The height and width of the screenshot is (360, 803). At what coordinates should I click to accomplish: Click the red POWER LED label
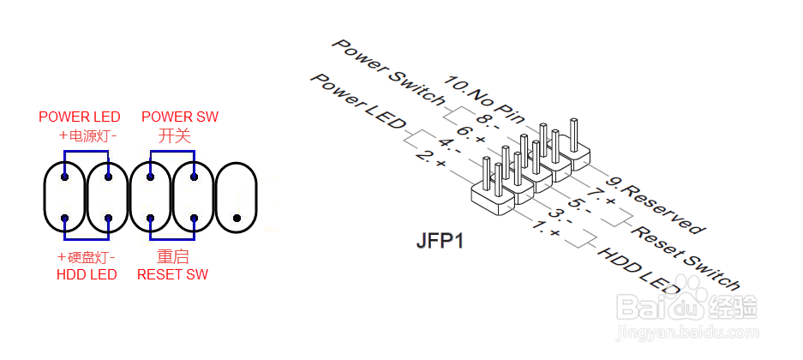(x=80, y=117)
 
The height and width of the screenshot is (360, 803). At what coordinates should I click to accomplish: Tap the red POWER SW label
(x=180, y=117)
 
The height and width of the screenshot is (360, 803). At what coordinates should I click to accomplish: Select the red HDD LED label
(x=87, y=275)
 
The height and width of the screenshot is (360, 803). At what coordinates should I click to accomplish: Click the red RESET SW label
(x=173, y=275)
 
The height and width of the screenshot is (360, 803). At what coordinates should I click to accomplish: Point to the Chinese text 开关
(x=174, y=135)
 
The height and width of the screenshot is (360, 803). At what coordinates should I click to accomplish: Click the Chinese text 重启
(x=173, y=257)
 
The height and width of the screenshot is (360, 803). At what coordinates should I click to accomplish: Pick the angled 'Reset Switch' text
(x=685, y=257)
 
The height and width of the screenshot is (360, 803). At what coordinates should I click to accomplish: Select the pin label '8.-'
(x=487, y=121)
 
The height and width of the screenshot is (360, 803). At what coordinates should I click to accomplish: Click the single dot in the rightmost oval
(x=237, y=219)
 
